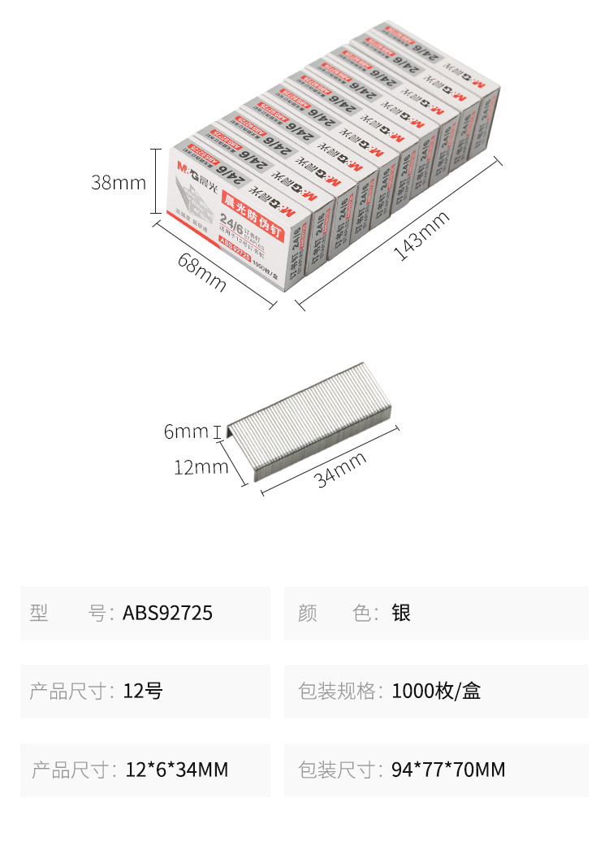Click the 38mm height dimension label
click(x=119, y=182)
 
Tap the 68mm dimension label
click(x=201, y=274)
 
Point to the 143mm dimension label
click(x=421, y=235)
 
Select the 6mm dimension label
click(x=186, y=432)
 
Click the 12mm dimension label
click(x=200, y=466)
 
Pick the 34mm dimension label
click(x=341, y=469)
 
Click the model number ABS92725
click(x=167, y=613)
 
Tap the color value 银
click(x=401, y=613)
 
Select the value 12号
click(x=143, y=691)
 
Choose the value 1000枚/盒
click(x=436, y=691)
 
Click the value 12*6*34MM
click(x=177, y=769)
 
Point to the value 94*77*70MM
click(x=448, y=769)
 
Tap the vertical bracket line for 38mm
click(x=156, y=181)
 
